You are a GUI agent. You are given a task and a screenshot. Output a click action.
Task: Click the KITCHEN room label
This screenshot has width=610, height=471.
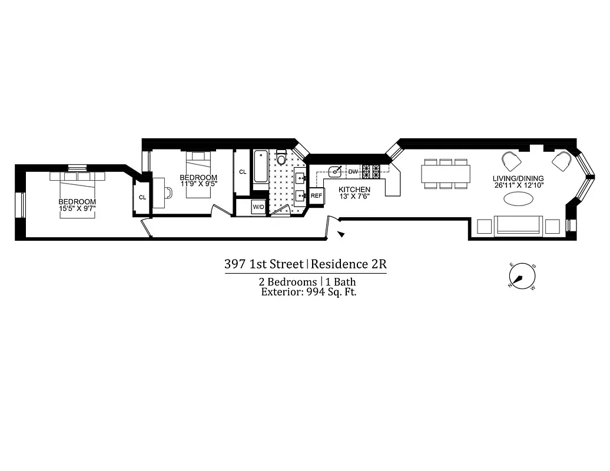(354, 189)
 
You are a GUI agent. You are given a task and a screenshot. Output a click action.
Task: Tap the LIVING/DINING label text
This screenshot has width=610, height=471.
(518, 179)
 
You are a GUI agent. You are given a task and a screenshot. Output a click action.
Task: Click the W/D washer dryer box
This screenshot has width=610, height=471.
(258, 207)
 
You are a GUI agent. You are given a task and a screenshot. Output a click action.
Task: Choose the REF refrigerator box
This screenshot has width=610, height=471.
(316, 195)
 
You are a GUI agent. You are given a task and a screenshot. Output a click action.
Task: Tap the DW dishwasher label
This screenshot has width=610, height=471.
(353, 171)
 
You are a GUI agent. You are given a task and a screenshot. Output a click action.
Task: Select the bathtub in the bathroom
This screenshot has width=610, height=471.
(260, 169)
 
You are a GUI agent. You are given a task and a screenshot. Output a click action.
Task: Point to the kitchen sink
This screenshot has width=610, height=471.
(336, 171)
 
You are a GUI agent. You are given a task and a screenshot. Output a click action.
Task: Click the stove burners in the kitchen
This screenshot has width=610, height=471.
(372, 171)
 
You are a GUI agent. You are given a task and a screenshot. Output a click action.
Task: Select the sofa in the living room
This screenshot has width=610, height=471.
(518, 226)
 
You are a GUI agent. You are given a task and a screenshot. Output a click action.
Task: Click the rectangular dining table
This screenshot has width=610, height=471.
(446, 174)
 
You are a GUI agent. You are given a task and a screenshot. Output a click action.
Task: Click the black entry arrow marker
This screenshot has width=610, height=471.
(341, 235)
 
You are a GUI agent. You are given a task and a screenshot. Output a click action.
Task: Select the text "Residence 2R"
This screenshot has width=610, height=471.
(349, 264)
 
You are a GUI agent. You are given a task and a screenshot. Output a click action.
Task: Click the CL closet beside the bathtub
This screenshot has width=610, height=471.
(243, 172)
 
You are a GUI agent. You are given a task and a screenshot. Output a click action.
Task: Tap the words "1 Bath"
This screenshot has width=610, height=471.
(341, 282)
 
